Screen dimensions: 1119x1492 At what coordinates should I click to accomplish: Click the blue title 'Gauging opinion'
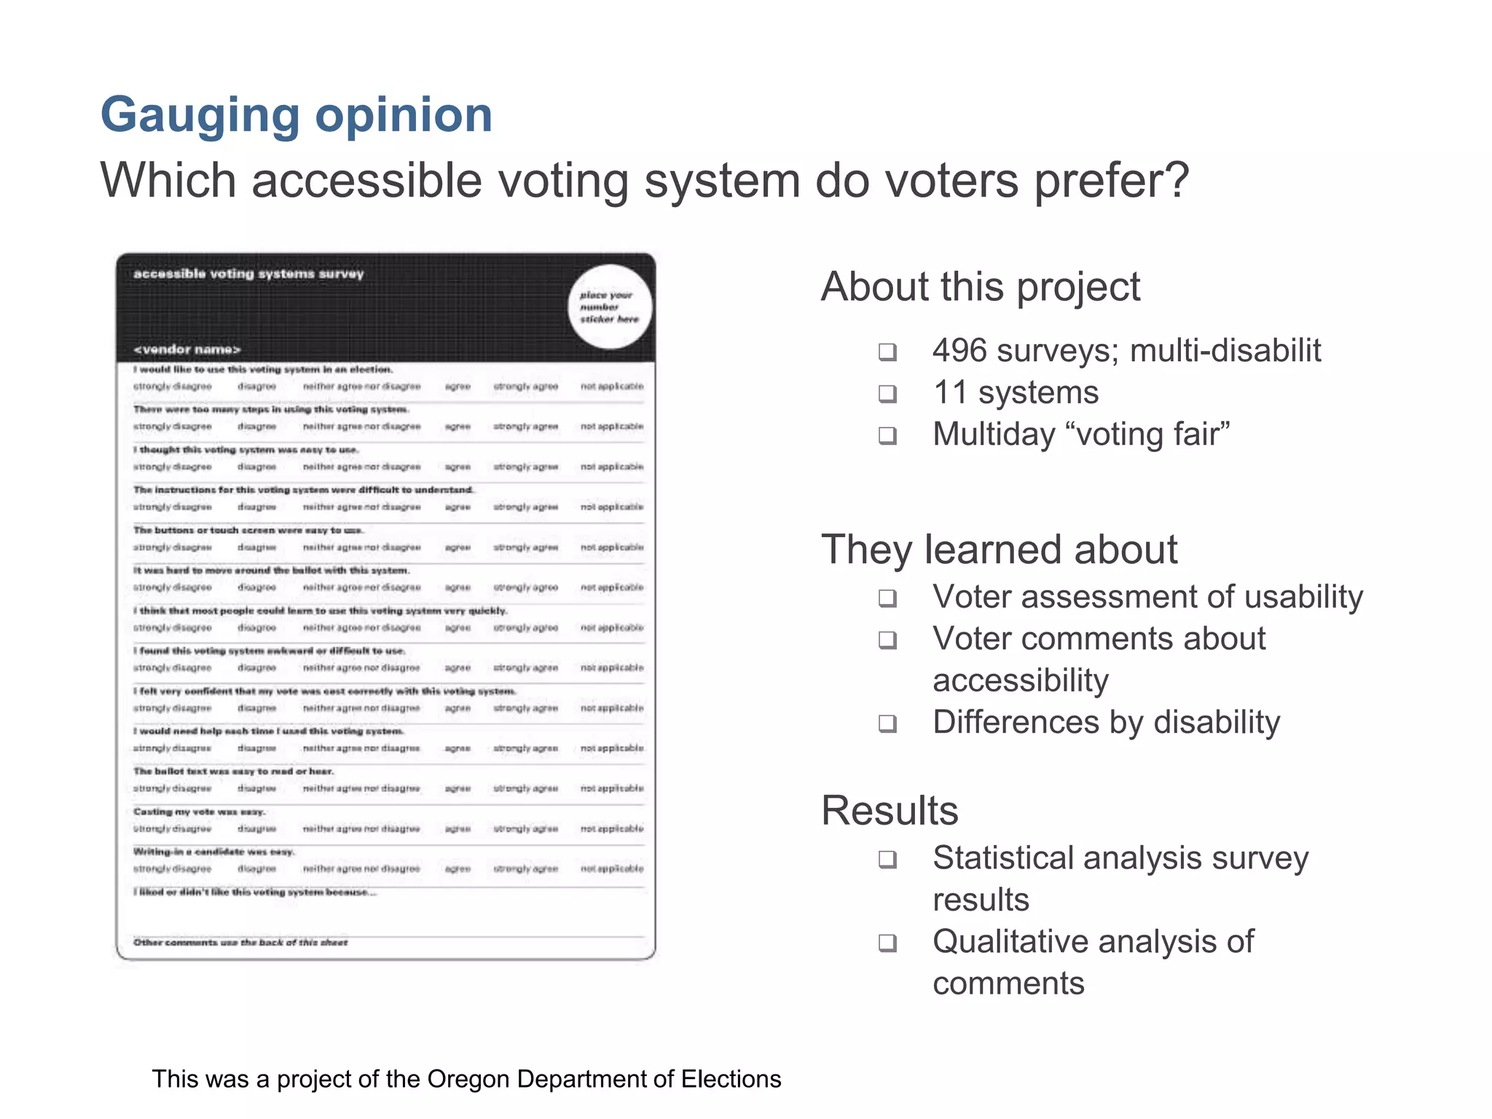point(297,115)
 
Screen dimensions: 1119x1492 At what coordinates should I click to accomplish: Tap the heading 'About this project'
point(981,286)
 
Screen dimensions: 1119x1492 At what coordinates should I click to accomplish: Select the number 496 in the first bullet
point(959,350)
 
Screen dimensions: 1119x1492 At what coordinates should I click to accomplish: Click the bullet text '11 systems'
point(1016,393)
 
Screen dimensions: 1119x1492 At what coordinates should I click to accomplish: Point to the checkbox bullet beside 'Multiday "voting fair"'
point(887,436)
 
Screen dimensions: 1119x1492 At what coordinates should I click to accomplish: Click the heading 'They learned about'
point(999,549)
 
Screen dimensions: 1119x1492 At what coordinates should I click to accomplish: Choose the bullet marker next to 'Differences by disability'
point(887,723)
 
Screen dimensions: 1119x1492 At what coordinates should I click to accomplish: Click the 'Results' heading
point(890,810)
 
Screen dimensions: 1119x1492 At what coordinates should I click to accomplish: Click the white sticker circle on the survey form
point(610,307)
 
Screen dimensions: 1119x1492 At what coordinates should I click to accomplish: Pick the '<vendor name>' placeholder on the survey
point(187,350)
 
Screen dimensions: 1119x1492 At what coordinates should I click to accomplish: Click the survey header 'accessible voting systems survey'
point(248,274)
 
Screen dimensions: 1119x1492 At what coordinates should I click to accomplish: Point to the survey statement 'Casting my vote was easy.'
point(199,812)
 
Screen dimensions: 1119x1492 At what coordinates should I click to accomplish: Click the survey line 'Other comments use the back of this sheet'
point(240,943)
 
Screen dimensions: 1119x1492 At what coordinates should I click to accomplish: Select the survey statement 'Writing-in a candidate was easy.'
point(213,852)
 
